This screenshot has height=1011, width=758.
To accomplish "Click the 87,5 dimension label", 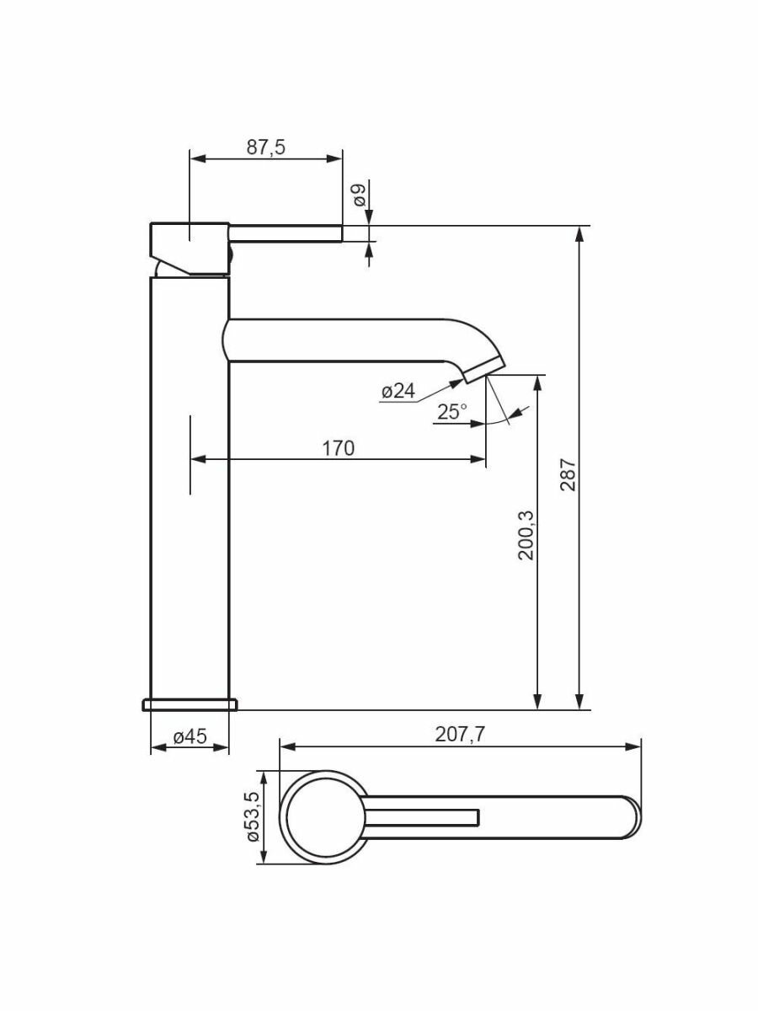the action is click(x=266, y=147).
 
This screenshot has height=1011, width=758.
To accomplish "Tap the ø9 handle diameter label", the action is click(x=360, y=195).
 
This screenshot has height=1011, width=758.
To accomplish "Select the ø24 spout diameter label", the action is click(x=398, y=391).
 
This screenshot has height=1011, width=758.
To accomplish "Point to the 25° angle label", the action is click(x=452, y=411).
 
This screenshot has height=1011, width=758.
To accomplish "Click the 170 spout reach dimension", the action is click(x=339, y=447).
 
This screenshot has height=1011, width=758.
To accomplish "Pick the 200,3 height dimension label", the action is click(x=526, y=535).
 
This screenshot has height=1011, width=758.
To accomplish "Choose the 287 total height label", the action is click(x=568, y=475).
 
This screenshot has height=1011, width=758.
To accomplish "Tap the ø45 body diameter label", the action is click(x=190, y=736).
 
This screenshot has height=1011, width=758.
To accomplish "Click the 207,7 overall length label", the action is click(x=460, y=734).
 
